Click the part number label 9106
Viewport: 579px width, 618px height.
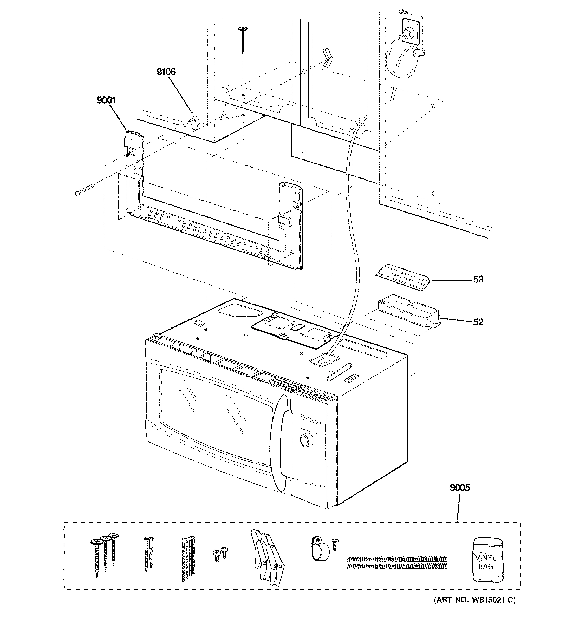166,72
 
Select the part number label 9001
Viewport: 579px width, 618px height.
106,100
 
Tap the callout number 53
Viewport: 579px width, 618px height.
478,279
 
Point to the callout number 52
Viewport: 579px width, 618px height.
478,322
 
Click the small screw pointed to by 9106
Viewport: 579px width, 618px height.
194,118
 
